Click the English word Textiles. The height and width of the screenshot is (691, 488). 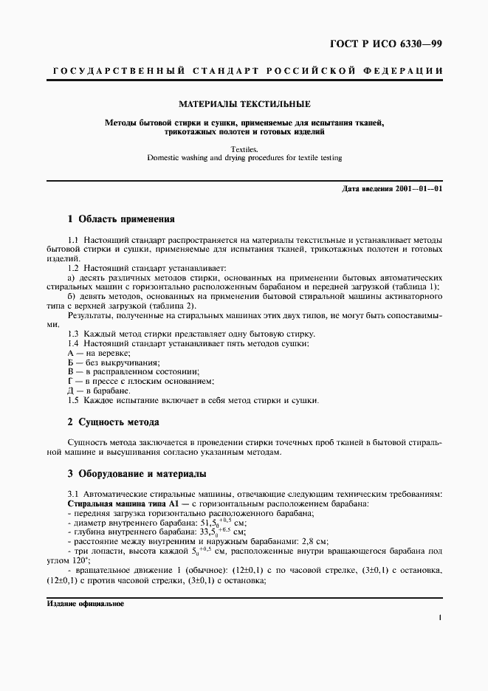coord(244,148)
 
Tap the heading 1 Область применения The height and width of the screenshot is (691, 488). coord(120,219)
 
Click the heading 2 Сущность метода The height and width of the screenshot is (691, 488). coord(113,422)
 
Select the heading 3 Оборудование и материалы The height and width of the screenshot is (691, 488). coord(137,473)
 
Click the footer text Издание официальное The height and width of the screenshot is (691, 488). coord(85,603)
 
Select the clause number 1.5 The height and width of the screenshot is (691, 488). coord(73,400)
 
